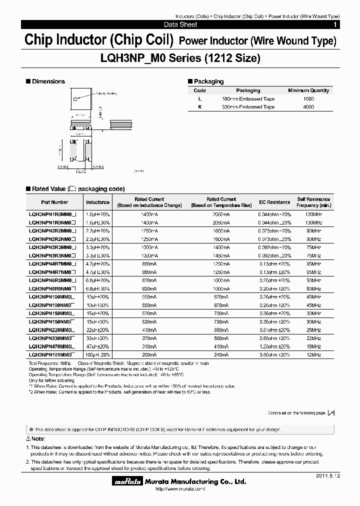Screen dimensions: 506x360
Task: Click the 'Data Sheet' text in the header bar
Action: [x=180, y=24]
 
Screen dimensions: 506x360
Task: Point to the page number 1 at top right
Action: [x=335, y=24]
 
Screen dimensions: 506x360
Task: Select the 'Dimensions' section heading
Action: [x=48, y=81]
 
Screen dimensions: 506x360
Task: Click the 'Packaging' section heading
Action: [x=208, y=81]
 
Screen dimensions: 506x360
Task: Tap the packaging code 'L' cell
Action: [x=199, y=99]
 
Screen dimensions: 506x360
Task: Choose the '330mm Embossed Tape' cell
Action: [x=248, y=107]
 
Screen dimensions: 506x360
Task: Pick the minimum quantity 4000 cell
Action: [x=308, y=107]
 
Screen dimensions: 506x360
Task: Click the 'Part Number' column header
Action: [x=54, y=202]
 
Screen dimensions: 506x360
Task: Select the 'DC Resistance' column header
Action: [x=274, y=202]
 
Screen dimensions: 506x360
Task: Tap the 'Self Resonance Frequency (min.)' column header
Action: [x=313, y=202]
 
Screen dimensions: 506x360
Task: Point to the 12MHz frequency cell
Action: [x=313, y=354]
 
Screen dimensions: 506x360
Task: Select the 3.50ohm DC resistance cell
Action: [x=274, y=354]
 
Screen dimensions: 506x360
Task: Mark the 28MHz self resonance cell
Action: [x=313, y=330]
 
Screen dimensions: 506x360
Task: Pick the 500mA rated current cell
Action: [x=221, y=338]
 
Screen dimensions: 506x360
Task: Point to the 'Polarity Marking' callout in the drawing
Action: [x=106, y=93]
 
